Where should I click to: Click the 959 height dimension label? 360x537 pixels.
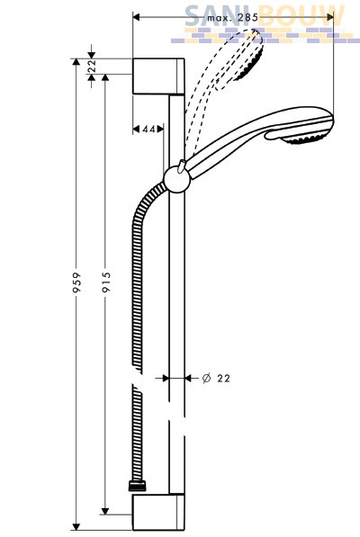click(x=77, y=282)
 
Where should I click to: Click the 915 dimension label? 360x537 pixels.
click(x=106, y=282)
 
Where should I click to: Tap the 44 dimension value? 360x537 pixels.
click(x=148, y=130)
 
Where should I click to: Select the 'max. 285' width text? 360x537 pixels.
click(x=232, y=17)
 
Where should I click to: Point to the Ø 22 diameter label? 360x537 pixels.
click(x=216, y=378)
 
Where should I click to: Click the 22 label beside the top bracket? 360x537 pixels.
click(x=92, y=66)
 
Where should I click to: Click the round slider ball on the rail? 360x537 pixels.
click(x=176, y=181)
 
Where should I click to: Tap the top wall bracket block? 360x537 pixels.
click(x=158, y=76)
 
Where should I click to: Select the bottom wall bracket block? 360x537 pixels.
click(x=158, y=512)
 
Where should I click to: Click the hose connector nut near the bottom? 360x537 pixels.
click(x=138, y=486)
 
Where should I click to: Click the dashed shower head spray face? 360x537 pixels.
click(x=250, y=64)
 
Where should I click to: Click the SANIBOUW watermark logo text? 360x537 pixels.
click(x=265, y=16)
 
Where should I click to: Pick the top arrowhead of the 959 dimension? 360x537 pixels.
click(x=76, y=62)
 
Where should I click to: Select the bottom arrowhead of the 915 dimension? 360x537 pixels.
click(x=105, y=511)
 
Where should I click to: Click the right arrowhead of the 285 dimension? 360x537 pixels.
click(x=330, y=17)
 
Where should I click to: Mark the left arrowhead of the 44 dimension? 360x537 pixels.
click(x=136, y=130)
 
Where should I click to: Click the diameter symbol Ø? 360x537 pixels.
click(x=206, y=378)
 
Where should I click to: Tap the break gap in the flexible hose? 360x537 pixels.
click(x=138, y=379)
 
